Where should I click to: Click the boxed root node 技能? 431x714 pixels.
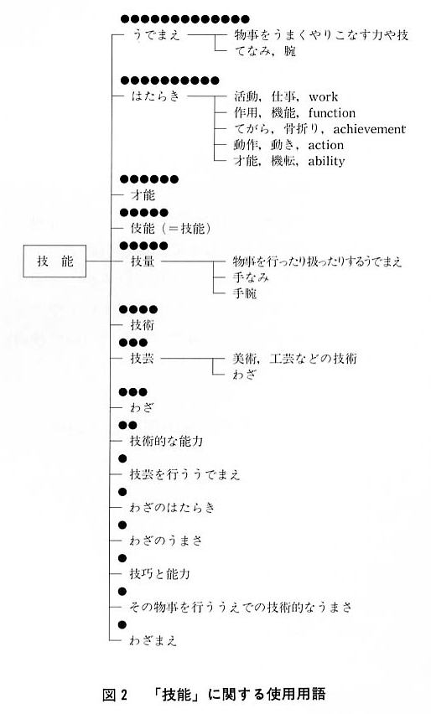click(x=55, y=261)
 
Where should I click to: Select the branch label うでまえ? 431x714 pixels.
click(x=156, y=34)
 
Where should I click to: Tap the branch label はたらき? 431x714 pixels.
click(x=155, y=96)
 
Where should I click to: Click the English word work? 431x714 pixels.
click(x=323, y=96)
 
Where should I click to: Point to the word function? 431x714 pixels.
click(x=332, y=112)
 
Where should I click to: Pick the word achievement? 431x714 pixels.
click(x=369, y=129)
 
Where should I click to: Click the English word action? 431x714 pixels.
click(x=325, y=145)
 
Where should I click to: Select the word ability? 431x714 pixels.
click(x=326, y=161)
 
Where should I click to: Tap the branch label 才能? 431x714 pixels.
click(x=143, y=195)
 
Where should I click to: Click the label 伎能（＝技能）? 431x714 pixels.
click(x=171, y=228)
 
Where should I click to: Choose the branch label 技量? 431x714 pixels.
click(x=143, y=261)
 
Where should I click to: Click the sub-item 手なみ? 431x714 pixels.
click(x=251, y=277)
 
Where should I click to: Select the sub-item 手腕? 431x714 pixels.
click(x=245, y=292)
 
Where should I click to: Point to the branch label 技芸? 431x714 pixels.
click(x=143, y=359)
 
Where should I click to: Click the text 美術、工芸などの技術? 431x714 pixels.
click(x=295, y=359)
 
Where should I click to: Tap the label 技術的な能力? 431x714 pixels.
click(x=166, y=441)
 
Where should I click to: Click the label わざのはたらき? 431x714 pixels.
click(x=172, y=507)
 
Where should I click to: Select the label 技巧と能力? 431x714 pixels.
click(x=159, y=574)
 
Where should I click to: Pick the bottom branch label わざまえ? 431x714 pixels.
click(x=153, y=640)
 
